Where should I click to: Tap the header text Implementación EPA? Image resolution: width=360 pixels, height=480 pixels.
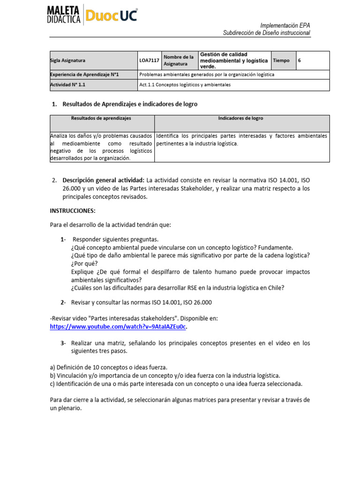point(285,25)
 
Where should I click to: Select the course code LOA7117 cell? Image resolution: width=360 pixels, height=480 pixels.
point(149,60)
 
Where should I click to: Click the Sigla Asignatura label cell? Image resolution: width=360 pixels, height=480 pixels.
point(93,60)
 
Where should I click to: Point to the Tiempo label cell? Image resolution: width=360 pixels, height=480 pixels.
point(281,60)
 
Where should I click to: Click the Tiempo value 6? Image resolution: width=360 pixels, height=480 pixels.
point(300,60)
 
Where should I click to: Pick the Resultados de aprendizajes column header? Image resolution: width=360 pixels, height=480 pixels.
point(101,119)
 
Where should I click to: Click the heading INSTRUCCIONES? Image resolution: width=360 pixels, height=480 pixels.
point(73,211)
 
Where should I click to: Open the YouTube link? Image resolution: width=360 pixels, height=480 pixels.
point(118,326)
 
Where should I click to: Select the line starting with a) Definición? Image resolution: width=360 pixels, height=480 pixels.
point(108,367)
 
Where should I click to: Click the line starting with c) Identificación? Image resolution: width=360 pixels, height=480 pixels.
point(176,383)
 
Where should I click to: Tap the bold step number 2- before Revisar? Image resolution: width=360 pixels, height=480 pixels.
point(63,302)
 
